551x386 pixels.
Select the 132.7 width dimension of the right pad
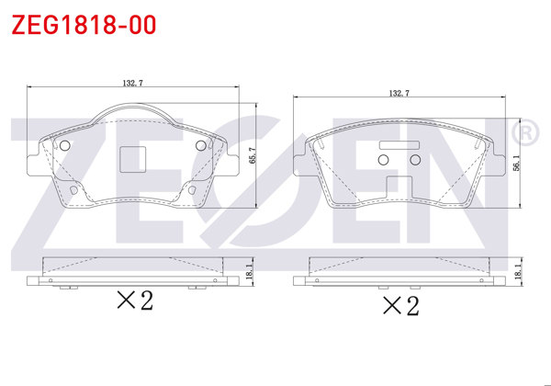(x=399, y=93)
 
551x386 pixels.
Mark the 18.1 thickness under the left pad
(x=250, y=272)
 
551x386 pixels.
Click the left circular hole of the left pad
(x=64, y=146)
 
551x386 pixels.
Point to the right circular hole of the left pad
(x=202, y=146)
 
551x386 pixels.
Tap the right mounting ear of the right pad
(x=499, y=156)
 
